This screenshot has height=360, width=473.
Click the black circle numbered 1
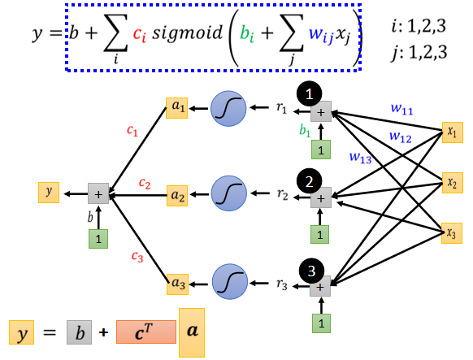coord(309,93)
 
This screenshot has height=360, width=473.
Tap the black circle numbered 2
coord(309,181)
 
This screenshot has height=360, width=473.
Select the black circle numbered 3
coord(311,271)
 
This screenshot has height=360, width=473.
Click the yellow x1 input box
coord(452,132)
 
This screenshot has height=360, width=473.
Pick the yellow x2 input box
coord(452,182)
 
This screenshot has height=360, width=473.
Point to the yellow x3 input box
coord(452,233)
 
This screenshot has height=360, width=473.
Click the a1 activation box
coord(177,108)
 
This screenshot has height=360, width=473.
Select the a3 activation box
coord(178,284)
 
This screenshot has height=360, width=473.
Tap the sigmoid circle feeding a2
coord(229,193)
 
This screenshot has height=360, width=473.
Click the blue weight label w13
coord(361,158)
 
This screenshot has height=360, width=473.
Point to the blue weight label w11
coord(401,109)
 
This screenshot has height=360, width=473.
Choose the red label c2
coord(145,184)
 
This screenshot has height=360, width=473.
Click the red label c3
coord(137,257)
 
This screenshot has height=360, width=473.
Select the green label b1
coord(305,131)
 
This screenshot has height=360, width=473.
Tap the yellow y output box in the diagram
coord(49,193)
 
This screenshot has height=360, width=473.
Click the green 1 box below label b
coord(98,239)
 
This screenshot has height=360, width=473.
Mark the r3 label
coord(282,284)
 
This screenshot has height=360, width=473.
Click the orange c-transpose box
coord(146,332)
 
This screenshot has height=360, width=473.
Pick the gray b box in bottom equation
coord(79,332)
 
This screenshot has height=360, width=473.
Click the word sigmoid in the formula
coord(187,32)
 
